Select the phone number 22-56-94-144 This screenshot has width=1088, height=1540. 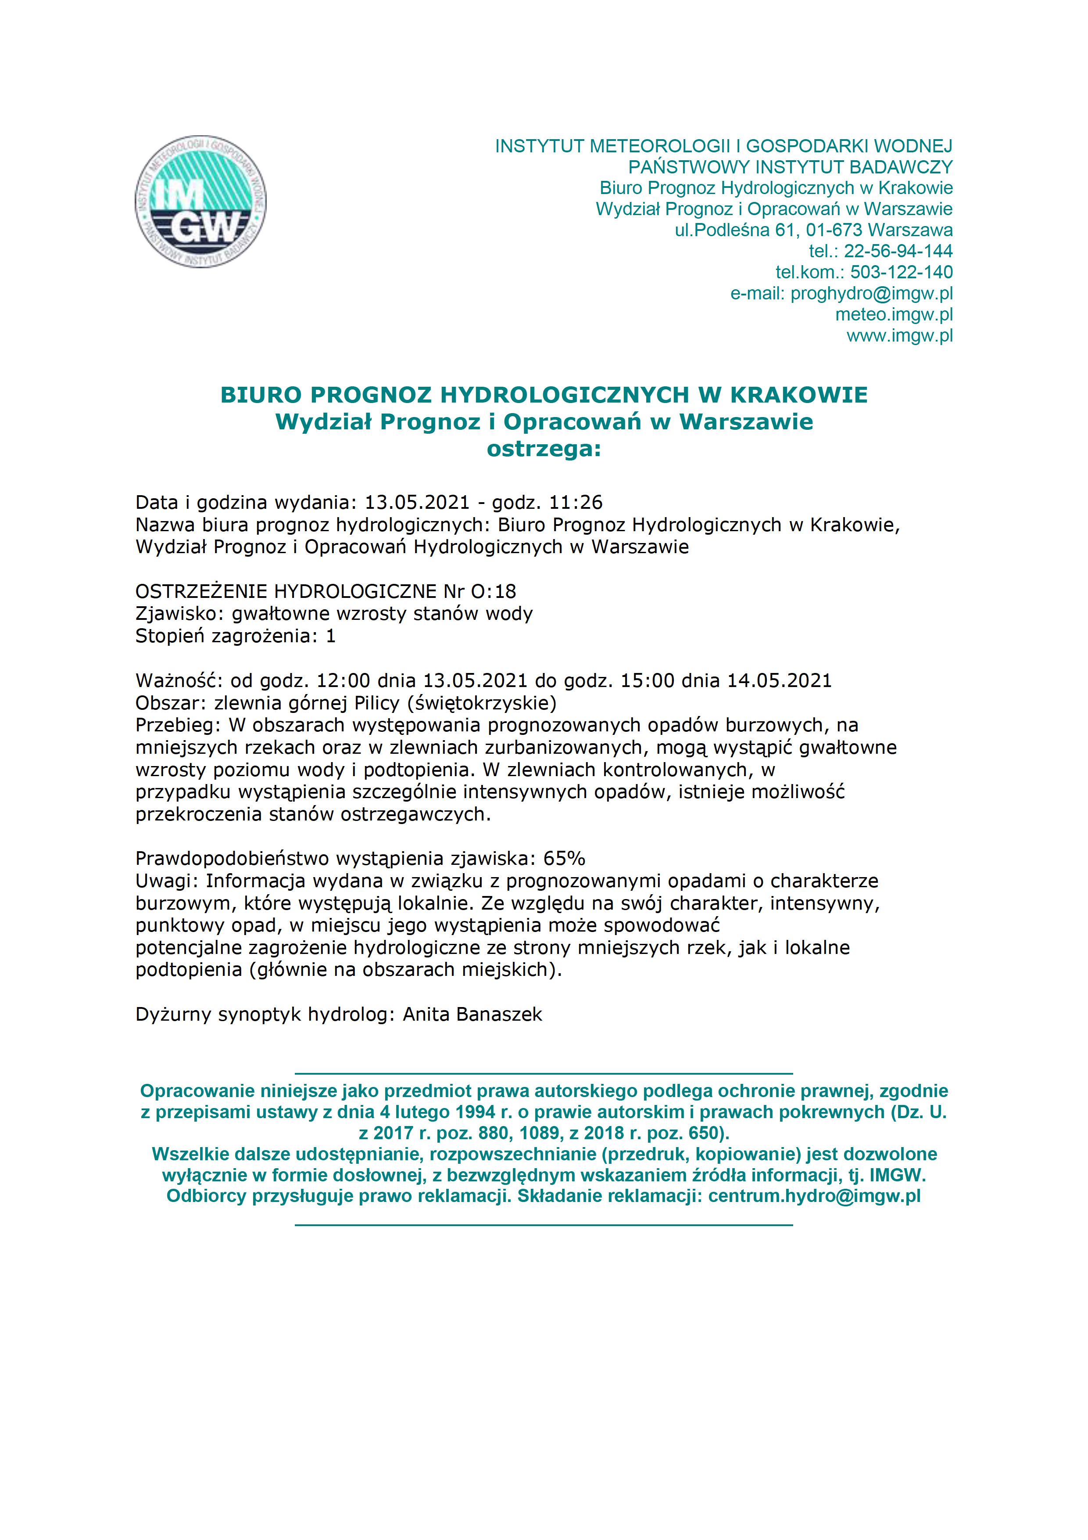[898, 251]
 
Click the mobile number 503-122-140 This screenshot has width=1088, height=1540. [902, 272]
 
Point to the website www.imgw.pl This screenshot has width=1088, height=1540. [900, 335]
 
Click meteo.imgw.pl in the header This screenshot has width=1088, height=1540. [894, 314]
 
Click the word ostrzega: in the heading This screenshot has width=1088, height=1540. [544, 449]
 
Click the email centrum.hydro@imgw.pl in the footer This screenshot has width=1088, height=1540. [815, 1159]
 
